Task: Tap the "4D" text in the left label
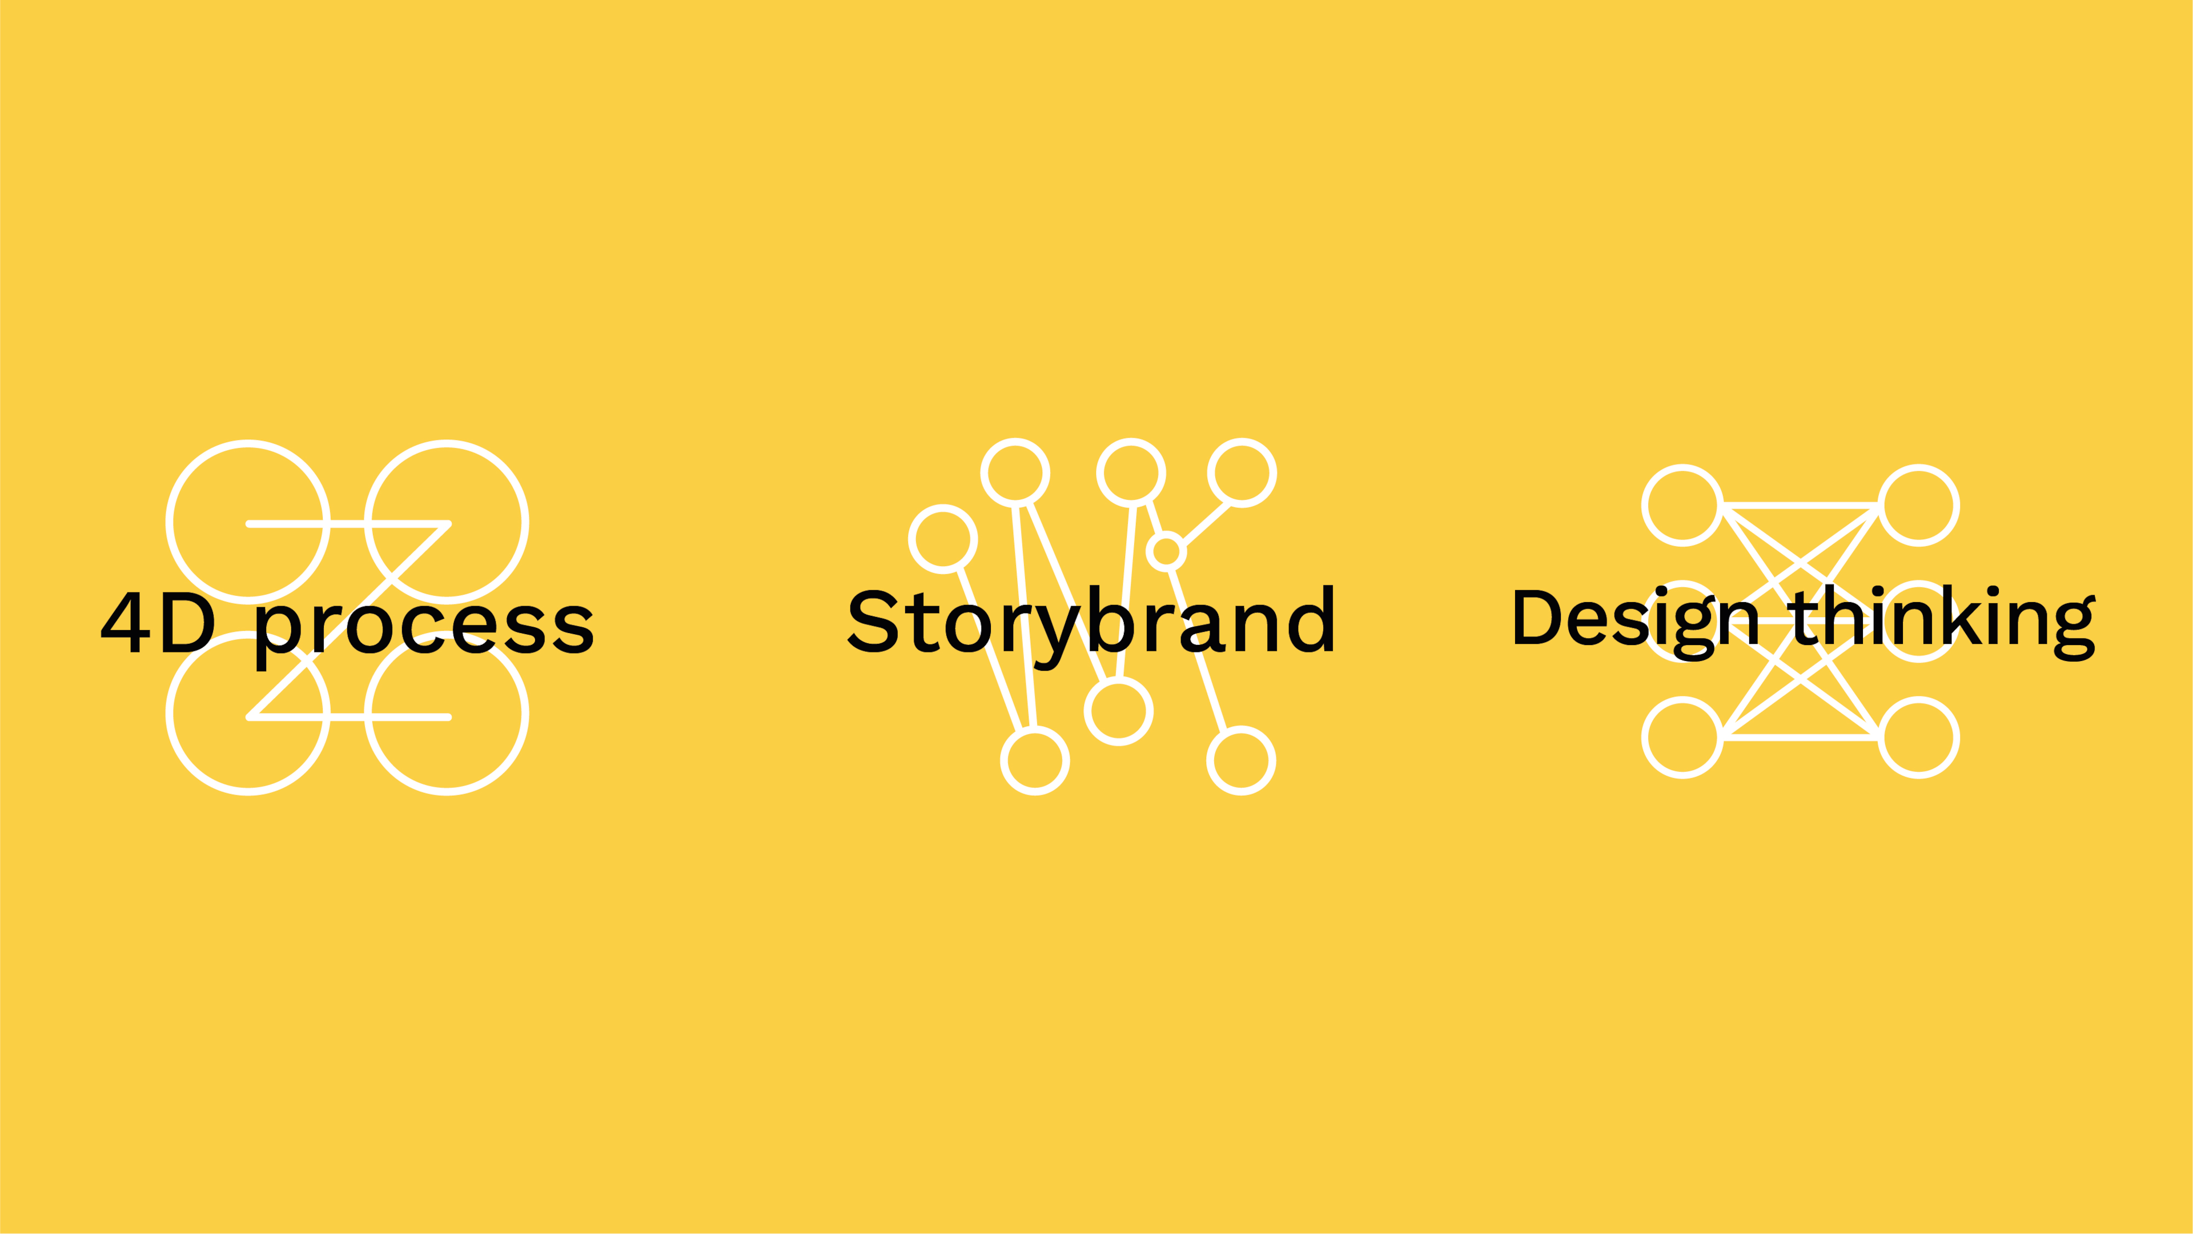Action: (x=159, y=623)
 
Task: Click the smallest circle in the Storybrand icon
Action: (x=1166, y=534)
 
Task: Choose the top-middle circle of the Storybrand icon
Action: (x=1131, y=441)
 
